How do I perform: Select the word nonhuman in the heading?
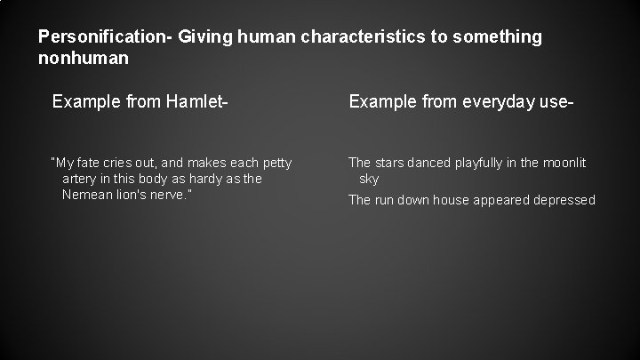click(84, 58)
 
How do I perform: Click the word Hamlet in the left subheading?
click(192, 104)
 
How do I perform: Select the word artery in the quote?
click(80, 179)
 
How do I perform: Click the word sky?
click(369, 179)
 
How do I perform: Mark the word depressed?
click(564, 200)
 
